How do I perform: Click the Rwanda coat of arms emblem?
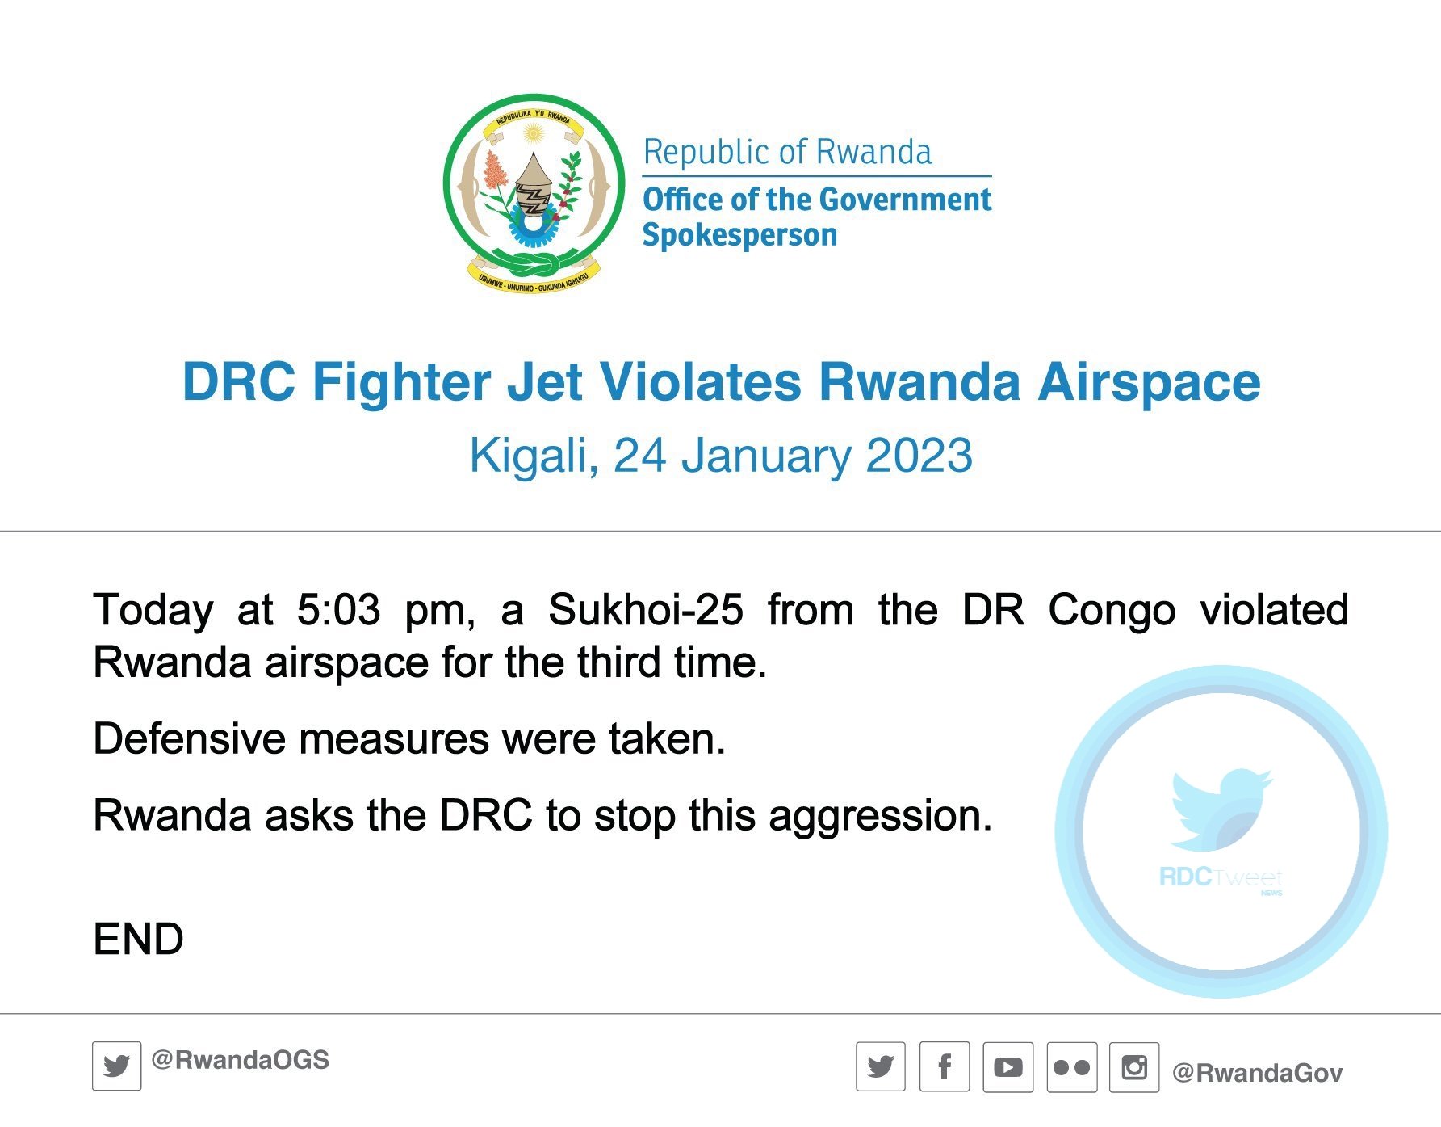[x=534, y=192]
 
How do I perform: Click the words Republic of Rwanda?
[x=787, y=152]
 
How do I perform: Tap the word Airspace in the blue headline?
[x=1150, y=382]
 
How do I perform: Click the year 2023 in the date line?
[x=919, y=456]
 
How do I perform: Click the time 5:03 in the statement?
[x=338, y=610]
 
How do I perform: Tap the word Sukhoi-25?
[x=646, y=610]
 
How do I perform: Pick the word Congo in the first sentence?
[x=1112, y=611]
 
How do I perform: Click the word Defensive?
[x=190, y=738]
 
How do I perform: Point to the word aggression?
[x=880, y=817]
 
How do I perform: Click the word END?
[x=139, y=939]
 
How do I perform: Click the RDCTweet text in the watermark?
[x=1220, y=877]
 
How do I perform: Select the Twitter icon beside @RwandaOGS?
[x=117, y=1066]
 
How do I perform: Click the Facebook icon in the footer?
[x=945, y=1067]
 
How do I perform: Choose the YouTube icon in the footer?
[x=1008, y=1067]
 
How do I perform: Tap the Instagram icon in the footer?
[x=1134, y=1067]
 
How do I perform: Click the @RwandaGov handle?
[x=1257, y=1073]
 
